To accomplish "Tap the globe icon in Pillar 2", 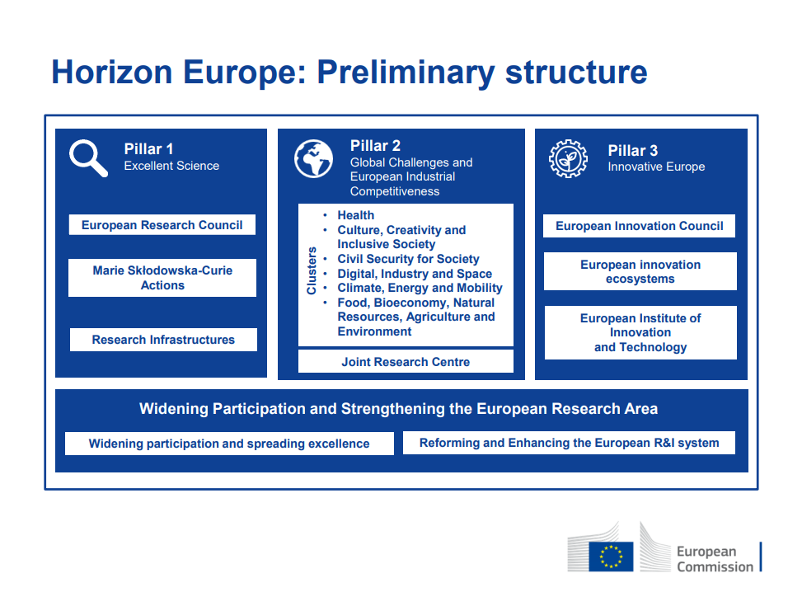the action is [313, 159].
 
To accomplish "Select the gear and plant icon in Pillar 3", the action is [568, 159].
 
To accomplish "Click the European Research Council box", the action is [162, 224].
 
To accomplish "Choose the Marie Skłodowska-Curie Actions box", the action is [162, 278].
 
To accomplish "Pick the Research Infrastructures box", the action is [163, 340].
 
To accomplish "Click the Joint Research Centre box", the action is [406, 361].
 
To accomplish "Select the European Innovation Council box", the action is [640, 226].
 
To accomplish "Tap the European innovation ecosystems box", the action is [640, 271].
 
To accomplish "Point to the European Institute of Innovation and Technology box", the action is [640, 332].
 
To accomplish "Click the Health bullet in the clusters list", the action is [355, 215].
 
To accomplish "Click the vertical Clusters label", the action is [312, 270].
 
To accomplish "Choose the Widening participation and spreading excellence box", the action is [229, 444].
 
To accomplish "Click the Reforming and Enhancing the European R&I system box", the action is [569, 443].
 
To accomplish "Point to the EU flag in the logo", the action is [611, 557].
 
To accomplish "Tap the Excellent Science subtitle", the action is [171, 166].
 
